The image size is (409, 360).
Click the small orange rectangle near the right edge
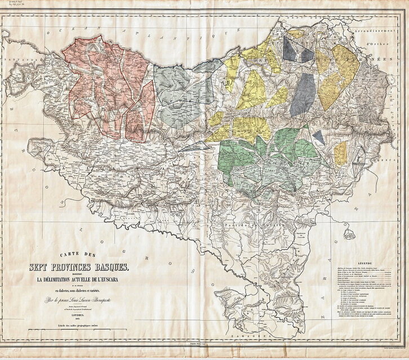(341, 153)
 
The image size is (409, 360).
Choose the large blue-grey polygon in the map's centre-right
(303, 93)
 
